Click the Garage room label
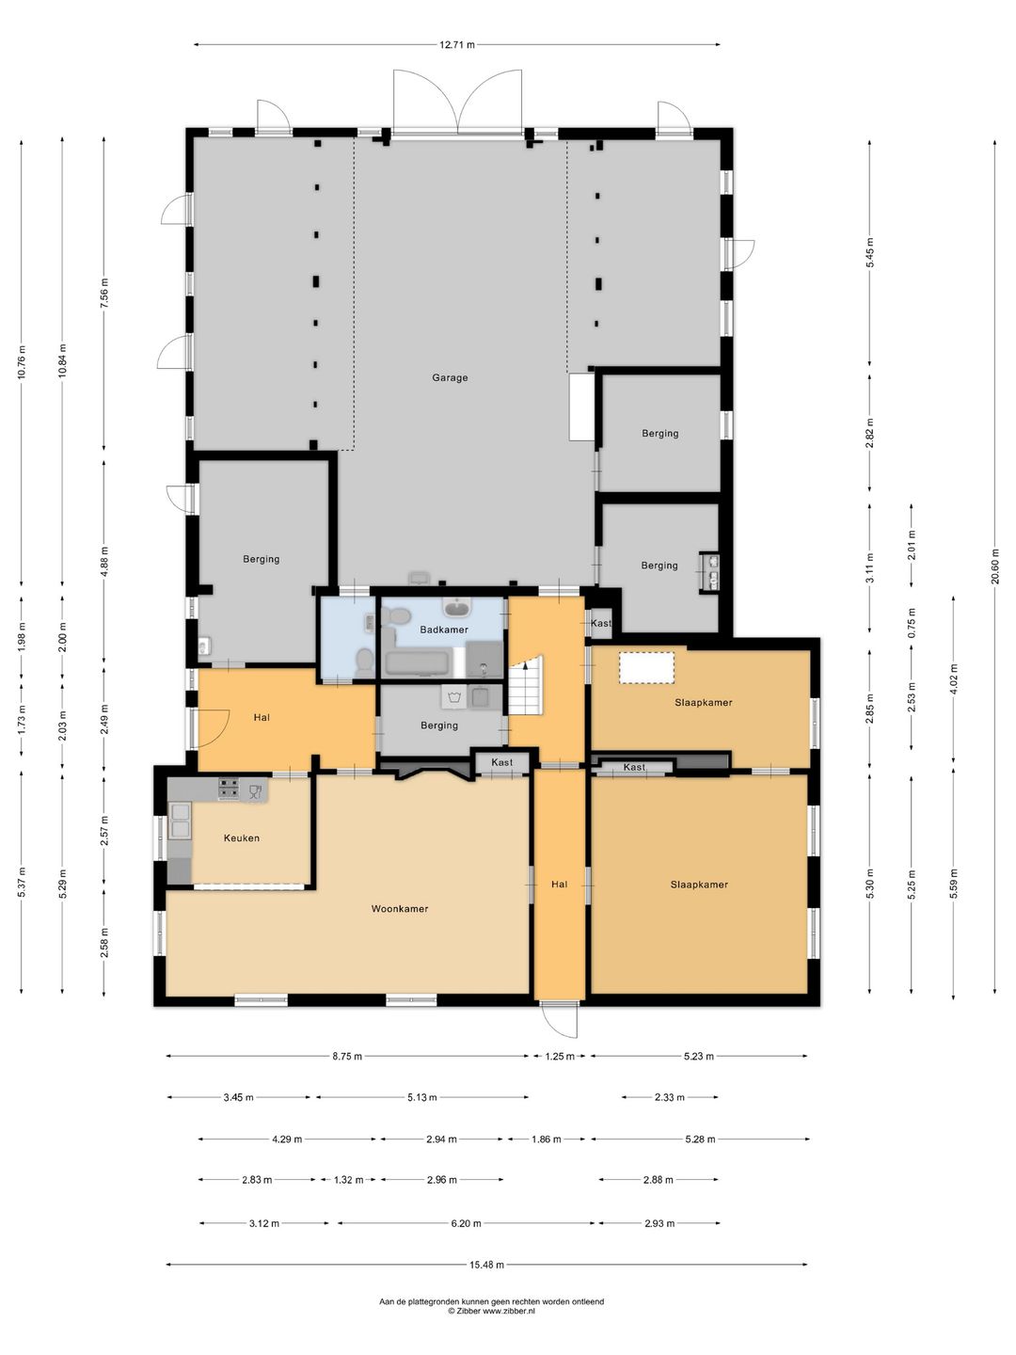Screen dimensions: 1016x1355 pyautogui.click(x=450, y=377)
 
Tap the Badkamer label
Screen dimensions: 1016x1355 pyautogui.click(x=444, y=630)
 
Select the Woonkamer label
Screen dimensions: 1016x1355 pyautogui.click(x=400, y=909)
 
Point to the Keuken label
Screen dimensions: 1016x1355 pyautogui.click(x=241, y=838)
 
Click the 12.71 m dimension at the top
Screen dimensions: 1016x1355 pyautogui.click(x=457, y=44)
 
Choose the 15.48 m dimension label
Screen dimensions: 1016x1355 pyautogui.click(x=486, y=1248)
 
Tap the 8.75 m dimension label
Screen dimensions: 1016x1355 pyautogui.click(x=347, y=1056)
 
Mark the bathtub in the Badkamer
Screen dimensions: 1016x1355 pyautogui.click(x=419, y=663)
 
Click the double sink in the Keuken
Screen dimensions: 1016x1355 pyautogui.click(x=181, y=821)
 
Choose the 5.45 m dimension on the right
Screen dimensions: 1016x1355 pyautogui.click(x=870, y=252)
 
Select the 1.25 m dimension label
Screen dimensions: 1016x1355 pyautogui.click(x=560, y=1056)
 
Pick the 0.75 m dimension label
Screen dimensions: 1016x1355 pyautogui.click(x=912, y=624)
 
